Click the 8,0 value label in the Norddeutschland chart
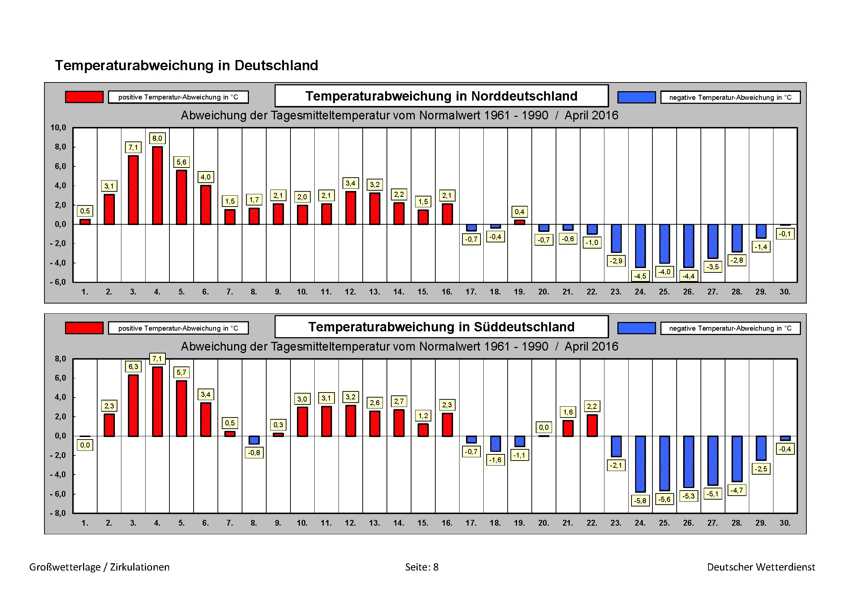click(x=157, y=139)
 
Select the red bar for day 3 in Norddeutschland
click(x=133, y=190)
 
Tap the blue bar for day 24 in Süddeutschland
click(x=641, y=464)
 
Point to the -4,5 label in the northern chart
click(x=641, y=276)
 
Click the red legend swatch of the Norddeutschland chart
click(x=84, y=97)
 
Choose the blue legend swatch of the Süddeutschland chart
click(x=636, y=328)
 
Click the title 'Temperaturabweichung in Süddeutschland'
click(x=441, y=327)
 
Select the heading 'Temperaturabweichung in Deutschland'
click(x=186, y=65)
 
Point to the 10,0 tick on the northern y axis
click(x=58, y=128)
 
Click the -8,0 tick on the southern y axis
click(x=58, y=513)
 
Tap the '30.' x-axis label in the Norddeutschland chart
click(x=785, y=292)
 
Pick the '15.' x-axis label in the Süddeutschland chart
click(x=423, y=523)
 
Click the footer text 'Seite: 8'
click(x=422, y=567)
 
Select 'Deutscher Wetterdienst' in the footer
click(x=761, y=567)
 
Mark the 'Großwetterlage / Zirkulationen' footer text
click(x=99, y=567)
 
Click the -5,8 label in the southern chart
click(x=641, y=501)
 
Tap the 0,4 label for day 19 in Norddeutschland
click(x=519, y=212)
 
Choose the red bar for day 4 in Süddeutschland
click(x=157, y=402)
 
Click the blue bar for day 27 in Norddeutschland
click(x=713, y=241)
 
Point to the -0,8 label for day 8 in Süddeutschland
click(x=254, y=453)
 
